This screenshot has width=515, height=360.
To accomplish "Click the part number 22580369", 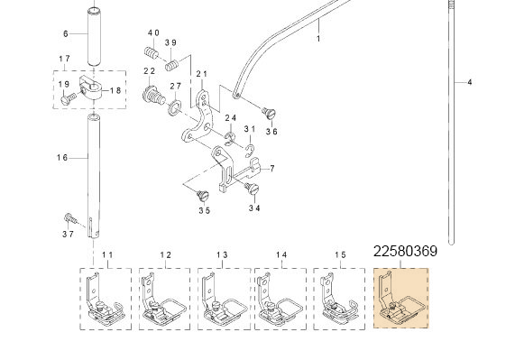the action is pos(405,251).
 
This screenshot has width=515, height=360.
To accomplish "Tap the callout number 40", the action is pos(153,32).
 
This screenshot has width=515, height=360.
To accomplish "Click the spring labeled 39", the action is pos(171,65).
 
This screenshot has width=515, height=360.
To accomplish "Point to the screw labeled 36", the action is pos(269,113).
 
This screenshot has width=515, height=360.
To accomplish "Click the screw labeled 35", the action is pos(203,196).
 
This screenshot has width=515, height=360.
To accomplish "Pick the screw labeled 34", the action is pos(252,189).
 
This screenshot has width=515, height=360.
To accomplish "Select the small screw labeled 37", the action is pos(70,218).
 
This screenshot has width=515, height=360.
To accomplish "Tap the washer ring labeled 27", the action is pos(175,108).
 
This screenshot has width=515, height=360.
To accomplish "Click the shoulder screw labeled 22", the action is pos(153,96).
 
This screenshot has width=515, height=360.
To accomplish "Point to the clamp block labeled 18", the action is pos(91,88).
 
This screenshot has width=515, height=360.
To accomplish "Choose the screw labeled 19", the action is pos(69,98).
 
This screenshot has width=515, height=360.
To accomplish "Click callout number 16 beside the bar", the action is pos(62,158).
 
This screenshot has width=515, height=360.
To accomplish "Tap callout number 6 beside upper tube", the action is pos(65,33).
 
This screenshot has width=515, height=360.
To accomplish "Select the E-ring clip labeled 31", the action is pos(250,151).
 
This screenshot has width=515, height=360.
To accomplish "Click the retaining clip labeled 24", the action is pos(230,138).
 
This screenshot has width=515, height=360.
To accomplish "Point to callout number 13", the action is pos(222,255).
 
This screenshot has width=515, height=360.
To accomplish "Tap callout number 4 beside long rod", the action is pos(470,82).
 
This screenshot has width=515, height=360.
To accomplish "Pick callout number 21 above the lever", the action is pos(202,74).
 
